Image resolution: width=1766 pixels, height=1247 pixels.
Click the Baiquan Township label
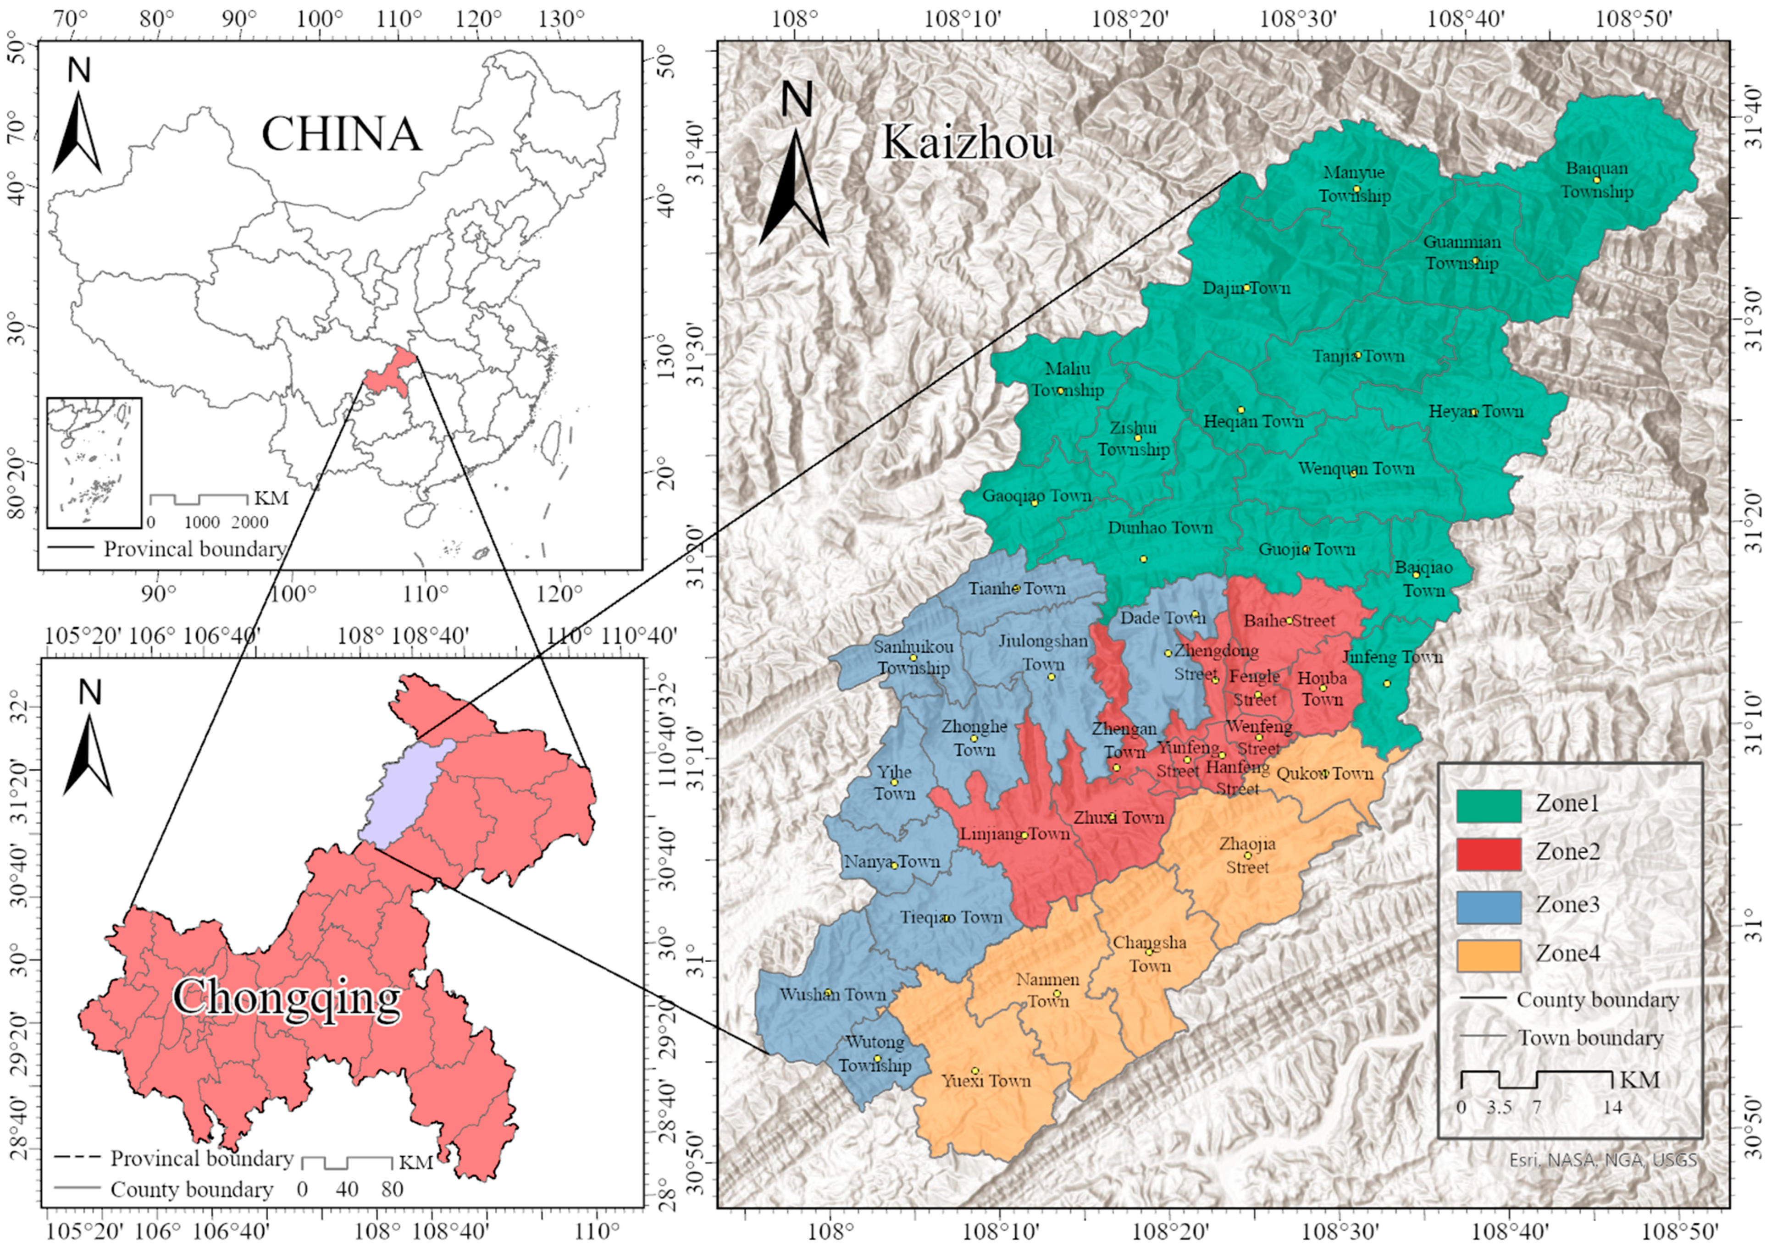pos(1597,180)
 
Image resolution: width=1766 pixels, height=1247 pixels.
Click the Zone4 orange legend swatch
pos(1489,955)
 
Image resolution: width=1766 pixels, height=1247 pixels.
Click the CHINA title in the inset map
pos(342,134)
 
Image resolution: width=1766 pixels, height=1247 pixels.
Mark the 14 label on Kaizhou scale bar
pos(1612,1108)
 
